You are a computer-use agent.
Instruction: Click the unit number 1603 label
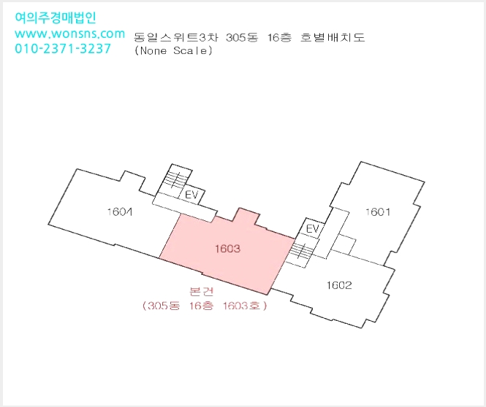[227, 249]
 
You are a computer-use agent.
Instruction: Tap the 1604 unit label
[120, 212]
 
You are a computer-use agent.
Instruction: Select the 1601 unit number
[378, 212]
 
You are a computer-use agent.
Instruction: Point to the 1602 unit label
[339, 285]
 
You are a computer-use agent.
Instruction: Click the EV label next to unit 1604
[191, 195]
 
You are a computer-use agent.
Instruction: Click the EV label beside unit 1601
[312, 228]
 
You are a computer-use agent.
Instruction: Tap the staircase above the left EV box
[175, 179]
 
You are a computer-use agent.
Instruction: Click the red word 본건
[201, 291]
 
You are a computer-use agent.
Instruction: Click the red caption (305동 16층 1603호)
[205, 306]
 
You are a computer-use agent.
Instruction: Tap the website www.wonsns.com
[69, 34]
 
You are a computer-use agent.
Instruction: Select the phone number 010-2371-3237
[63, 49]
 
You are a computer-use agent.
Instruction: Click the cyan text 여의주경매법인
[56, 18]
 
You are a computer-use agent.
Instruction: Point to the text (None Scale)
[174, 50]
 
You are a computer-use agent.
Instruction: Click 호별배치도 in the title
[333, 37]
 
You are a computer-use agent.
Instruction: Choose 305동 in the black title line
[242, 37]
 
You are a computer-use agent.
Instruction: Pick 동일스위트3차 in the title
[176, 37]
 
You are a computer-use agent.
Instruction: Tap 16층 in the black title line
[280, 37]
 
